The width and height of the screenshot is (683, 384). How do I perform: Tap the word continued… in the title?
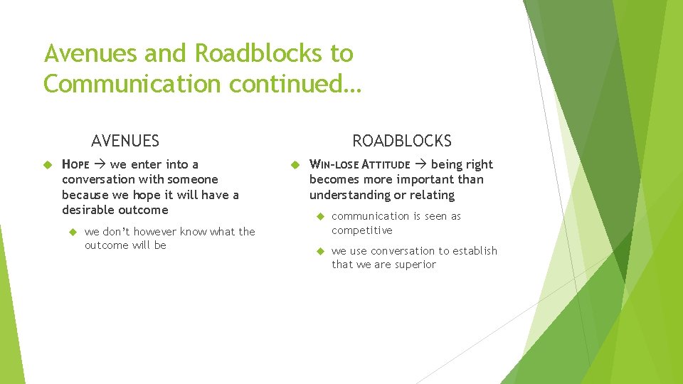coord(296,84)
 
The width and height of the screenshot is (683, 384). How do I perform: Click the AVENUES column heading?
coord(125,141)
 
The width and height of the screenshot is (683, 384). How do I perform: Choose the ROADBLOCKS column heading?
coord(402,141)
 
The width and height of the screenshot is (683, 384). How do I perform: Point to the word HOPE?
coord(75,165)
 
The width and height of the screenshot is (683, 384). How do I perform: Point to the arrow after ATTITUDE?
coord(420,165)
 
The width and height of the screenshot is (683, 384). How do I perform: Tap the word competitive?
coord(362,230)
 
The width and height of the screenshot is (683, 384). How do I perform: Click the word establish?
coord(475,250)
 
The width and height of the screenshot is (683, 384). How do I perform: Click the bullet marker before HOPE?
coord(49,165)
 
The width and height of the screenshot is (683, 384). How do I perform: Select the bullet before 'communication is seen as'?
coord(319,216)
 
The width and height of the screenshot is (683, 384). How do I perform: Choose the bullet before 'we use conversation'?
coord(319,251)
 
